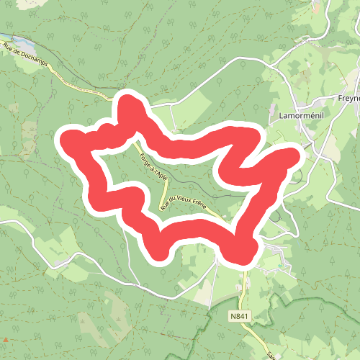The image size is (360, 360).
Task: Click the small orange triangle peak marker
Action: click(x=6, y=338)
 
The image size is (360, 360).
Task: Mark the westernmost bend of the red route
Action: click(x=69, y=139)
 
